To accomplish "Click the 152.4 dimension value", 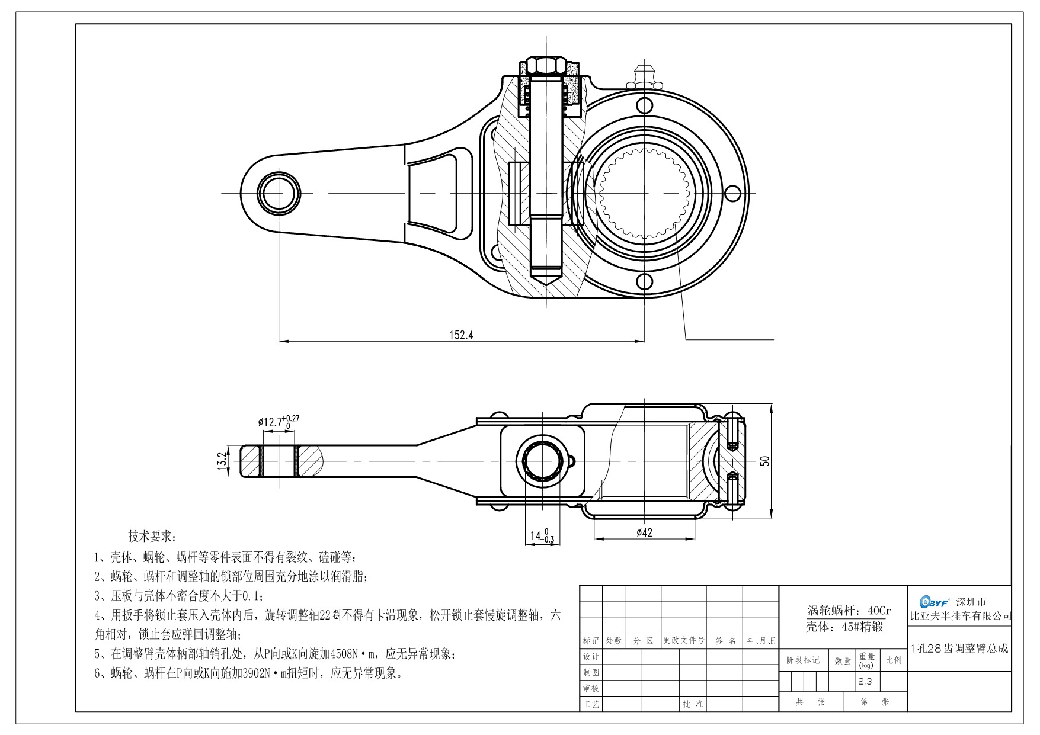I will tap(462, 335).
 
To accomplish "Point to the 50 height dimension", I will tap(765, 461).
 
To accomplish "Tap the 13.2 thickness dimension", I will tap(223, 461).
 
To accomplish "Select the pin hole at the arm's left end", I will tap(278, 193).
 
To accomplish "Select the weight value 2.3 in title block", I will tap(865, 681).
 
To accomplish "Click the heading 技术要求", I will tap(152, 537).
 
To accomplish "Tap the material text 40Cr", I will tap(879, 611).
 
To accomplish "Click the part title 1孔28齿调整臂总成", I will tap(958, 648).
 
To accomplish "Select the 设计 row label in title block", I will tap(591, 657).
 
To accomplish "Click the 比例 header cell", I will tap(893, 660).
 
